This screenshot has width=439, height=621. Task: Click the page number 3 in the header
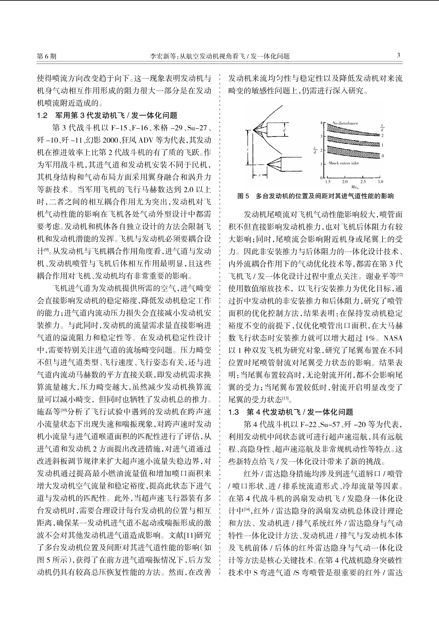pos(398,56)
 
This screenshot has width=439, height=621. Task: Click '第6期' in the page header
pos(47,56)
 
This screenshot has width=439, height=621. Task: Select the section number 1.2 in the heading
pos(43,116)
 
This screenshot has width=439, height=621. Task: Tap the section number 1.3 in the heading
pos(234,412)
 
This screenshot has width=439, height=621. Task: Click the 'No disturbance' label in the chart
pos(345,123)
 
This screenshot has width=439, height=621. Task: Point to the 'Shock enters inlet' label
pos(343,163)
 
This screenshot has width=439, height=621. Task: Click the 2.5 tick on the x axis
pos(363,182)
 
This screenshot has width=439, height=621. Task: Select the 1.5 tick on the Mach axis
pos(328,182)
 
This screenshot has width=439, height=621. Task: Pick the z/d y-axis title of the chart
pos(315,150)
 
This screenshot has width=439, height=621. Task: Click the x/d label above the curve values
pos(382,127)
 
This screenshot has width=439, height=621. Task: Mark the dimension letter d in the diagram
pos(284,130)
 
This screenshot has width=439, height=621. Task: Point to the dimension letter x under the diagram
pos(259,175)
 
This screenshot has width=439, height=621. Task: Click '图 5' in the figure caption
pos(243,196)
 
